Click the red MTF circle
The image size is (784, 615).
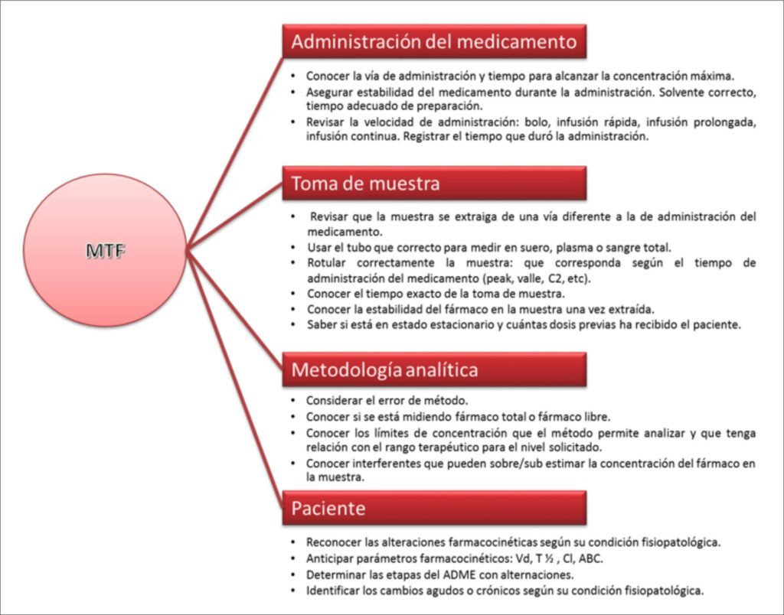(x=105, y=250)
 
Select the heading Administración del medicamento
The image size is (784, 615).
(x=434, y=41)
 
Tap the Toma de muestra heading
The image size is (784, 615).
(x=434, y=184)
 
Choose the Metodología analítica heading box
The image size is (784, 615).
(x=434, y=369)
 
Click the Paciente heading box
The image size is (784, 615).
(x=434, y=508)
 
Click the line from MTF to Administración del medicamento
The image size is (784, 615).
(x=234, y=145)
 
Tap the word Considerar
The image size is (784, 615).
(x=335, y=400)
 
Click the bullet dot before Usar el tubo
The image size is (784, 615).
(x=295, y=247)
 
